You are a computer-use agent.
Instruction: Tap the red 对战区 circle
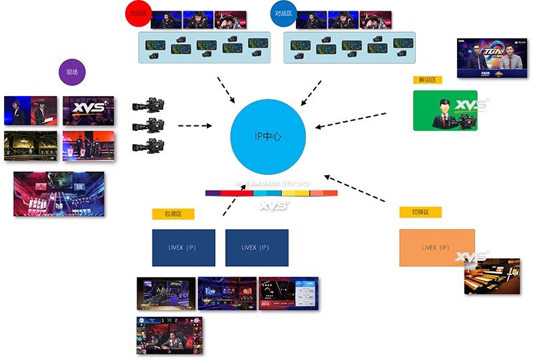[139, 13]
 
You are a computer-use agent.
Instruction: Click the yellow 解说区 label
[427, 79]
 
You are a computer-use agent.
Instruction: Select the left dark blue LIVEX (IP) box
[183, 247]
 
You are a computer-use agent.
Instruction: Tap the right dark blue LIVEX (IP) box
[257, 247]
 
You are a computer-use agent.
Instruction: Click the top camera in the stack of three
[149, 105]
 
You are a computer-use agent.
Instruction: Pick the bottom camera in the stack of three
[149, 145]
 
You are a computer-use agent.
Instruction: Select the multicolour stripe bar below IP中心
[271, 193]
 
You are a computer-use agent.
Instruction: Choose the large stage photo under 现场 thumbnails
[59, 194]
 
